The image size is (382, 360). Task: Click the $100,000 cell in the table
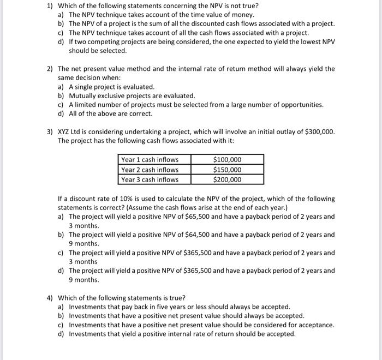click(226, 160)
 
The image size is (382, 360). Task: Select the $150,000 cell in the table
click(226, 170)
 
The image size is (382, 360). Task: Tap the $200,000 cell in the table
click(226, 179)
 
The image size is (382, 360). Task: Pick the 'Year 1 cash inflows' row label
click(150, 160)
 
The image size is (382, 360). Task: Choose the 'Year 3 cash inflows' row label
click(150, 179)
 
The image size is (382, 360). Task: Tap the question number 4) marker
click(50, 298)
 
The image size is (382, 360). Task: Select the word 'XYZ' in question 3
click(65, 131)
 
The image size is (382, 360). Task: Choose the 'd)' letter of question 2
click(61, 113)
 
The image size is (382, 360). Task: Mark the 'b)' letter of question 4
click(61, 316)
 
